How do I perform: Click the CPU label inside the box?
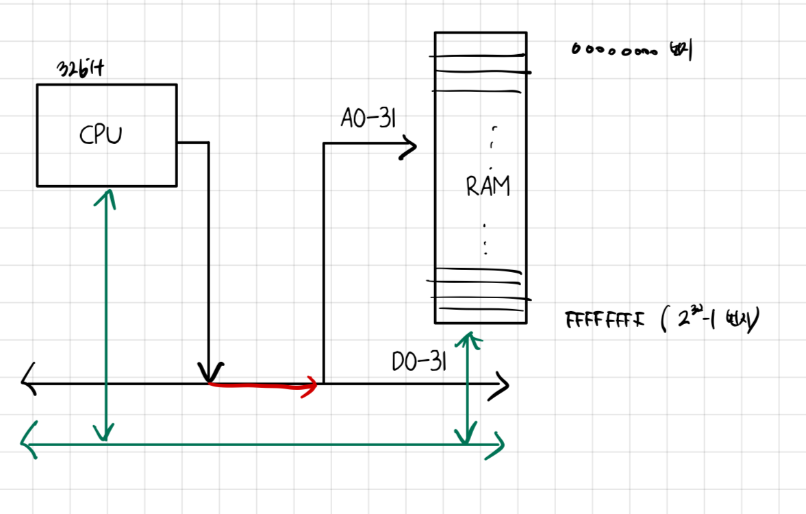101,135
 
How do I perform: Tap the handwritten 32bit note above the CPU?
81,71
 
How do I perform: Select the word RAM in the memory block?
488,186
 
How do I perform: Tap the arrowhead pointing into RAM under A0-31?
410,145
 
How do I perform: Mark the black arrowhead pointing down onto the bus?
208,374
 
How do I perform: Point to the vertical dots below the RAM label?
485,239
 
